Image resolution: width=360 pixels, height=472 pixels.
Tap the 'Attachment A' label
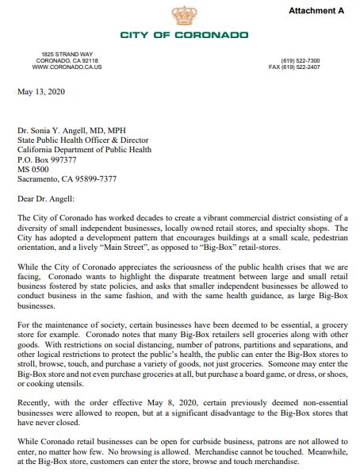pos(317,10)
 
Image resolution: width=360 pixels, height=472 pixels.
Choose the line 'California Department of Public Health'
pos(82,145)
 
